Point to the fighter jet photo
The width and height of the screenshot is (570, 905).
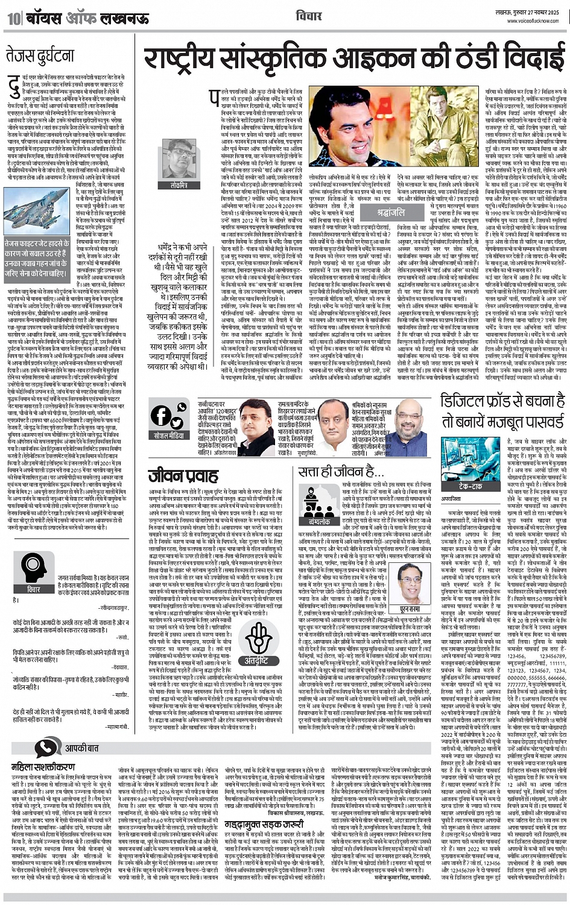click(36, 208)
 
